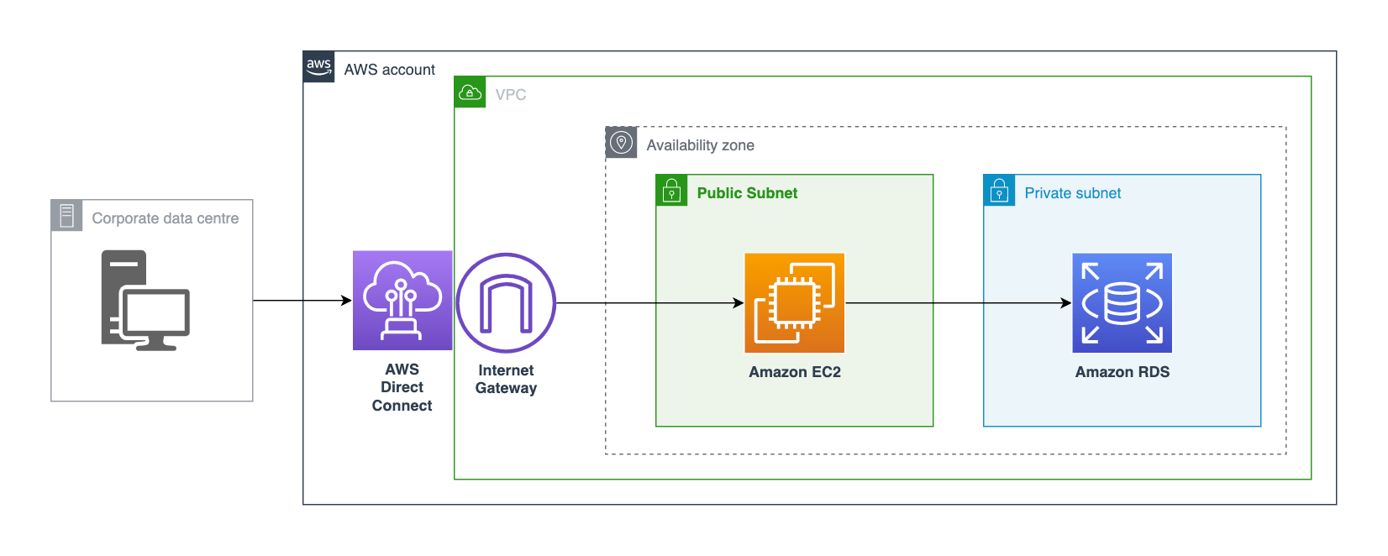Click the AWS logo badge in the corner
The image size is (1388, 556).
click(318, 66)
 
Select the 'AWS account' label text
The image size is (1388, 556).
click(389, 70)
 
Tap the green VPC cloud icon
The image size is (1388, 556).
click(470, 92)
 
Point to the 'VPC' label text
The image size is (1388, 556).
click(511, 95)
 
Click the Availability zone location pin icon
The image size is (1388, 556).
click(621, 143)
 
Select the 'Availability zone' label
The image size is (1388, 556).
click(700, 145)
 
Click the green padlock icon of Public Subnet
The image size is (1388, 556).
click(671, 191)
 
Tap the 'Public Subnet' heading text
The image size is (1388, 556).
click(747, 193)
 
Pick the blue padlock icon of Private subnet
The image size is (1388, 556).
click(999, 191)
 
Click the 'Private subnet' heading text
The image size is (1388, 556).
click(1072, 193)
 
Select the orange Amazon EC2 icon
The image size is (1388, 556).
click(794, 303)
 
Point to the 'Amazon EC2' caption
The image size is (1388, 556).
click(795, 372)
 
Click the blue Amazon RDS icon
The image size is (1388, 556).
click(1122, 303)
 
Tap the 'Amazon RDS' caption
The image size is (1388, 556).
click(1122, 372)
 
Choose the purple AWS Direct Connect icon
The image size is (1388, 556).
click(402, 300)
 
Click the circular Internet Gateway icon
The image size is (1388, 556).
click(506, 303)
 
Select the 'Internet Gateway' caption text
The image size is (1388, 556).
click(506, 379)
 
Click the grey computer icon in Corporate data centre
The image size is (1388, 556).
click(145, 300)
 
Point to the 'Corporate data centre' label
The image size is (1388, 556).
click(165, 218)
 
